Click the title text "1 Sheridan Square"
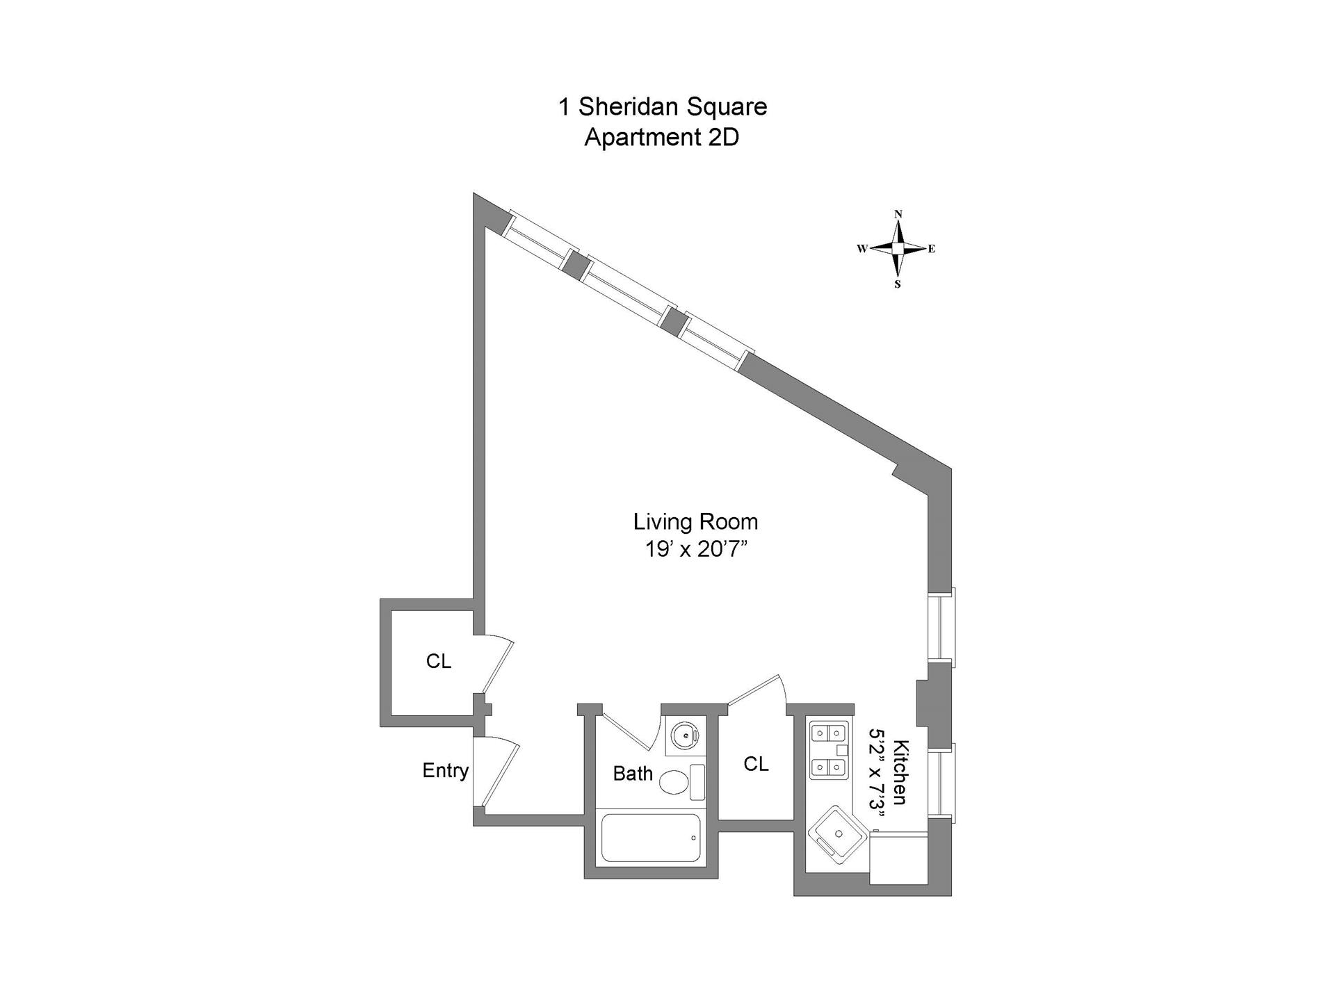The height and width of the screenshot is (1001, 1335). pyautogui.click(x=663, y=107)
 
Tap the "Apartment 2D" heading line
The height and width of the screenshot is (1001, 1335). pyautogui.click(x=661, y=138)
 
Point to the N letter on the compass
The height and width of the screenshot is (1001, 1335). pyautogui.click(x=898, y=214)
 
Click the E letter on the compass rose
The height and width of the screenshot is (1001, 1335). pyautogui.click(x=932, y=249)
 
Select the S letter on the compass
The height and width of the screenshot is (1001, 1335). pyautogui.click(x=898, y=284)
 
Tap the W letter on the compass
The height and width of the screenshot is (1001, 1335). pyautogui.click(x=861, y=249)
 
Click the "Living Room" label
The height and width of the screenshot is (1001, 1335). pyautogui.click(x=695, y=521)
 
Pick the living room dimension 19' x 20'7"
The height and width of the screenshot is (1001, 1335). pyautogui.click(x=695, y=550)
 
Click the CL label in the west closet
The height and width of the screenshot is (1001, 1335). pyautogui.click(x=439, y=661)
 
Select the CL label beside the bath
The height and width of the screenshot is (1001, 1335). pyautogui.click(x=756, y=764)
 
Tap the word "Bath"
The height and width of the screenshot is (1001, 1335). pyautogui.click(x=633, y=774)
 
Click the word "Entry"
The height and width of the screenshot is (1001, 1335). pyautogui.click(x=446, y=770)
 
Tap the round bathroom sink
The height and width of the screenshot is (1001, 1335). pyautogui.click(x=686, y=734)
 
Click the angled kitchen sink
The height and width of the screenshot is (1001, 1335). pyautogui.click(x=837, y=835)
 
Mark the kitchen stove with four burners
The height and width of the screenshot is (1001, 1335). pyautogui.click(x=829, y=750)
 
